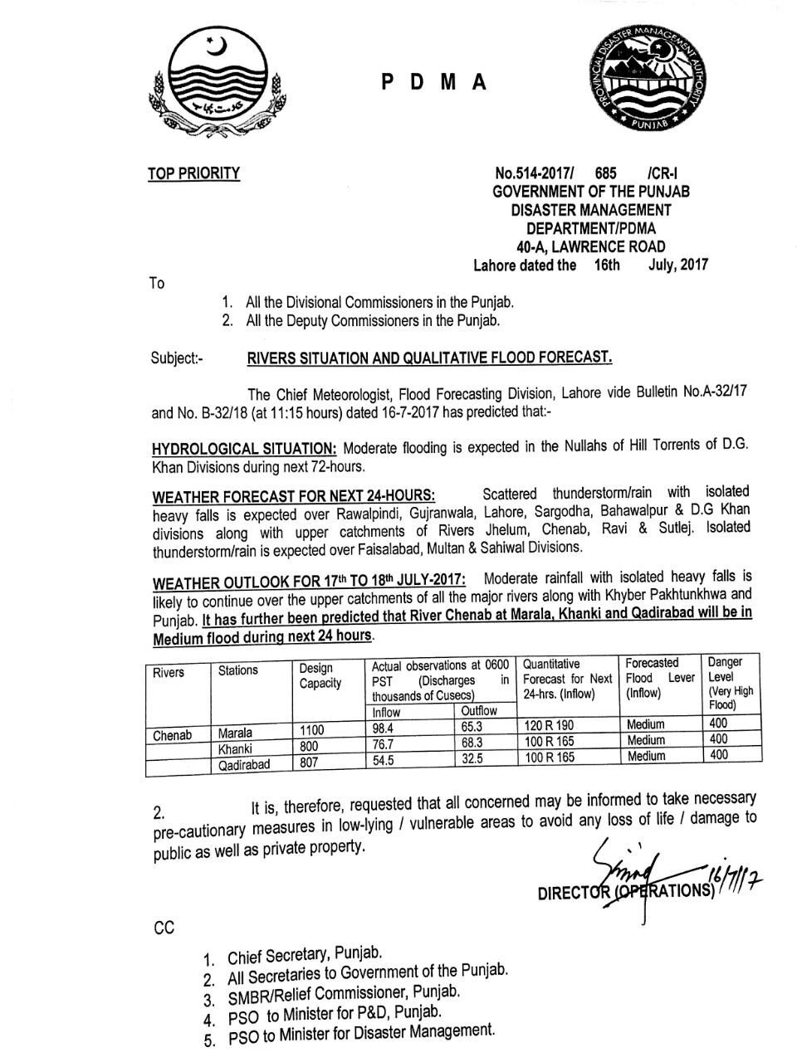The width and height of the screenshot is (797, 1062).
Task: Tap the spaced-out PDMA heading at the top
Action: [434, 82]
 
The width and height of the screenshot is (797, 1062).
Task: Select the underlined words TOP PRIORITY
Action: [193, 173]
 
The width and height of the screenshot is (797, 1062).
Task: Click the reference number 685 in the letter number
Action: [607, 173]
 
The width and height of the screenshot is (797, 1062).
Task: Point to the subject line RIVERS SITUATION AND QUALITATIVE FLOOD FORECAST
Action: [429, 358]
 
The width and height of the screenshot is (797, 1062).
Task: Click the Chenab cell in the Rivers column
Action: [173, 735]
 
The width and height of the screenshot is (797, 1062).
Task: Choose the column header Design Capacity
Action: [320, 675]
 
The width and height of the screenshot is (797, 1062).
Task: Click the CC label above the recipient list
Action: [164, 928]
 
